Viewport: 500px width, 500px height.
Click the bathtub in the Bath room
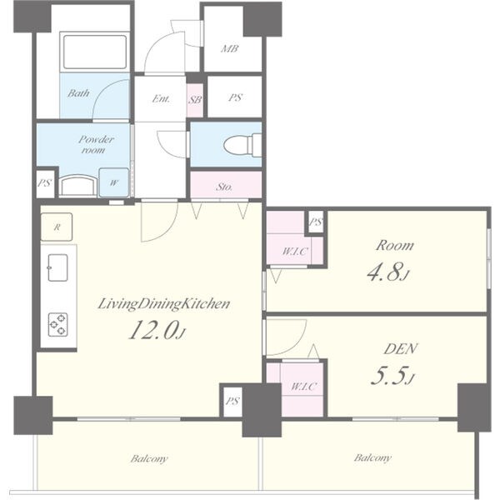click(95, 52)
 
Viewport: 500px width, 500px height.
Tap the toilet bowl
click(242, 146)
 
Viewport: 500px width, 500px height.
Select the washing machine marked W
click(114, 182)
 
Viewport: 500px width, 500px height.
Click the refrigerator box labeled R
click(57, 227)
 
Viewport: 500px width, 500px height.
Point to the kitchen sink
click(57, 267)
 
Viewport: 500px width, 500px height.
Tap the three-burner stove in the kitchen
click(57, 325)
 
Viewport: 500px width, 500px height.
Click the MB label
click(230, 49)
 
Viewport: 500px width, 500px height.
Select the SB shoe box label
click(195, 100)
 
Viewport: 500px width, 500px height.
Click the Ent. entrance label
click(161, 99)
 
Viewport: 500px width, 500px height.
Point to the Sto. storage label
click(224, 187)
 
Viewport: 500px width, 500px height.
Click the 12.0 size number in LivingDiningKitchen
click(152, 330)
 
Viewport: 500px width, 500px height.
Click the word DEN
click(400, 349)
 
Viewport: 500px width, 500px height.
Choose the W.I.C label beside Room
click(295, 252)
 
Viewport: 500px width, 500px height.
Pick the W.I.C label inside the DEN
click(303, 387)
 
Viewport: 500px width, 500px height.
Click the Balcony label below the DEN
click(372, 457)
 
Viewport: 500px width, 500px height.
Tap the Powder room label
click(96, 144)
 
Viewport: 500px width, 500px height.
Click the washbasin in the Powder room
click(78, 186)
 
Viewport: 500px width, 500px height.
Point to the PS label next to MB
click(235, 97)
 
